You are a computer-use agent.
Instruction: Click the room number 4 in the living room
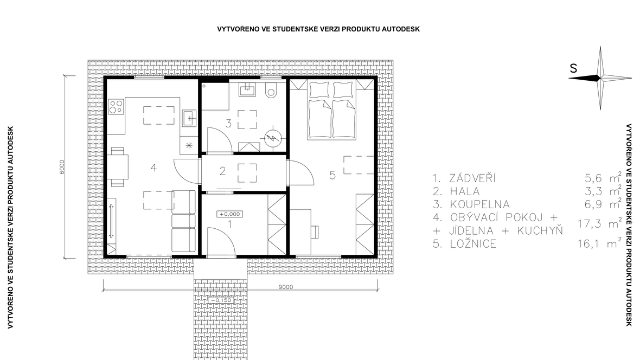[x=153, y=168]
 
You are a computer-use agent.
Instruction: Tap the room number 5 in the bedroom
[x=332, y=175]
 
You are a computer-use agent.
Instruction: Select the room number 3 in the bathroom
[x=228, y=123]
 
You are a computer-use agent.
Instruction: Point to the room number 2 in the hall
[x=222, y=171]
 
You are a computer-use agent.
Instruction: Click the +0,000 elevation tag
[x=230, y=214]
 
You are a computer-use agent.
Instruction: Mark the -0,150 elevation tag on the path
[x=221, y=300]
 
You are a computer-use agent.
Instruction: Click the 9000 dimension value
[x=286, y=286]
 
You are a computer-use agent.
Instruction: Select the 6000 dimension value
[x=62, y=166]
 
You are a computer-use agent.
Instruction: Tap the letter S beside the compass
[x=573, y=68]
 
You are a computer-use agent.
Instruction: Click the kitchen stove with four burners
[x=116, y=106]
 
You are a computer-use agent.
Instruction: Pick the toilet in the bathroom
[x=270, y=90]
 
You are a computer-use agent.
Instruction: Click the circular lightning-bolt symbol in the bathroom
[x=271, y=138]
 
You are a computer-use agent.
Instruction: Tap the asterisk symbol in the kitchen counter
[x=189, y=145]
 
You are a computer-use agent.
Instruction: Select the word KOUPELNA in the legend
[x=479, y=204]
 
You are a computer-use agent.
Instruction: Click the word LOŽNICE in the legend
[x=473, y=244]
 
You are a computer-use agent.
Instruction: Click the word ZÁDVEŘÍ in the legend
[x=472, y=178]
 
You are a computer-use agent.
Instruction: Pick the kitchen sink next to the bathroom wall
[x=189, y=118]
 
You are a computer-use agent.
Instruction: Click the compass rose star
[x=600, y=78]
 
